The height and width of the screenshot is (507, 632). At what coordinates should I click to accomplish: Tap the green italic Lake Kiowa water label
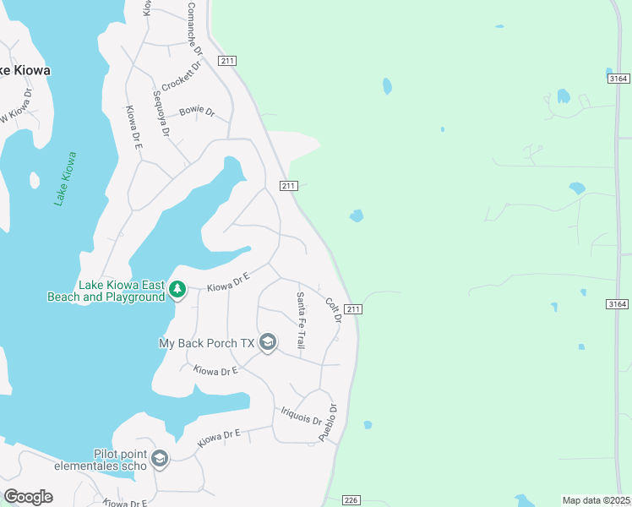(65, 178)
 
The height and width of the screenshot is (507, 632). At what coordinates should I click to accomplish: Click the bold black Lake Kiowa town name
(24, 71)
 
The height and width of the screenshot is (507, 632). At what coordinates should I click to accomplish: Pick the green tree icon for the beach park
(177, 291)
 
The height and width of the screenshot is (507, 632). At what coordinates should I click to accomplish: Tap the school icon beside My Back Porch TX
(268, 342)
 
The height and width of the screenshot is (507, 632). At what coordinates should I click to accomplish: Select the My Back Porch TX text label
(207, 343)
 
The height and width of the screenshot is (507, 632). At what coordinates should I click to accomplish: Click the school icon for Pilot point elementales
(160, 459)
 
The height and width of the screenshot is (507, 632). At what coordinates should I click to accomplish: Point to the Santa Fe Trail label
(300, 320)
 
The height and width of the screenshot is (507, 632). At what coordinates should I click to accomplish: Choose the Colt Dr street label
(332, 308)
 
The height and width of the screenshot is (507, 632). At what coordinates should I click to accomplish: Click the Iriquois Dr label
(301, 415)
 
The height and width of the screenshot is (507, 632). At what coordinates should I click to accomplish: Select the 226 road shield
(352, 500)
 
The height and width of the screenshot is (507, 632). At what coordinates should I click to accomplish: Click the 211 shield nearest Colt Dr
(353, 309)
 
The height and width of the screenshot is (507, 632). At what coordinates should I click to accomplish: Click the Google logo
(28, 497)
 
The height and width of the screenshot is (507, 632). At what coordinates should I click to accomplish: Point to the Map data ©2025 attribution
(597, 500)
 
